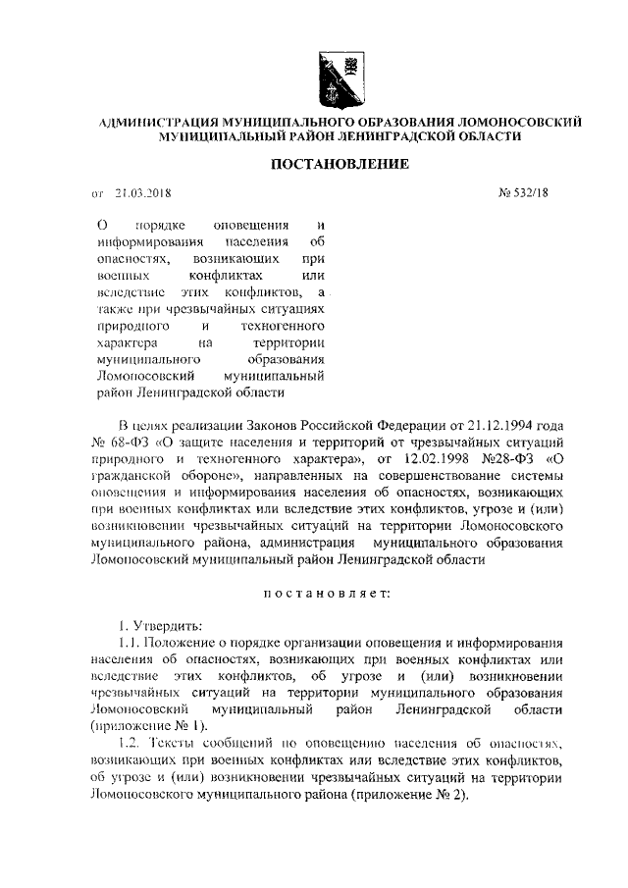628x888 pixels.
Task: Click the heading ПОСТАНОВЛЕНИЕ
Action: click(x=340, y=164)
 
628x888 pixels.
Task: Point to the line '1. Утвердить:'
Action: click(x=159, y=625)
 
